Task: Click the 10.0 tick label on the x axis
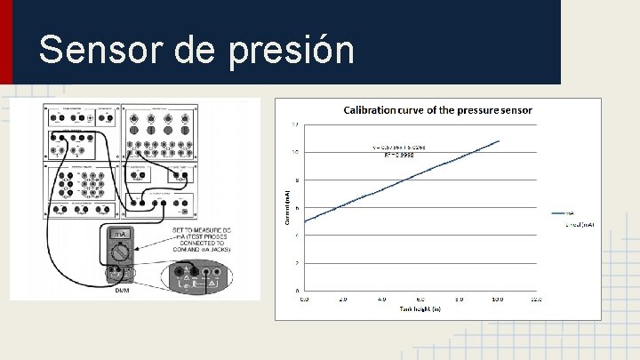[x=497, y=300]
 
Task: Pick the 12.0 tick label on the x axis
[x=535, y=300]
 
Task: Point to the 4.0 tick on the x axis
[x=381, y=300]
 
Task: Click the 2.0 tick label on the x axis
[x=343, y=300]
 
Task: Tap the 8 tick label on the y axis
[x=297, y=180]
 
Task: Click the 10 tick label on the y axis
[x=296, y=152]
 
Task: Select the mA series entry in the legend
[x=565, y=213]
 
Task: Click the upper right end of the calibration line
[x=499, y=140]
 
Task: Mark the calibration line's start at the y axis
[x=305, y=221]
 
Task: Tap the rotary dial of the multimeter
[x=120, y=252]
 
